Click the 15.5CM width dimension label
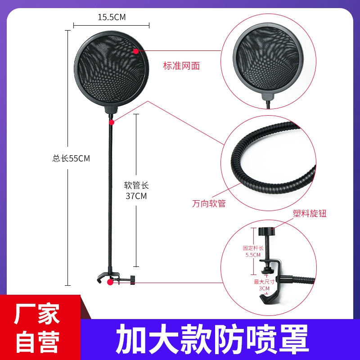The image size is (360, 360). point(112,17)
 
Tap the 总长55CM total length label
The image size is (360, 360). point(71,158)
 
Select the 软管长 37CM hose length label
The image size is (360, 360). point(136,190)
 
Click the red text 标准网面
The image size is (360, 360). point(181,66)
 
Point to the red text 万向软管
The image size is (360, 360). point(209,203)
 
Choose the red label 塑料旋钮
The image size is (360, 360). point(310,213)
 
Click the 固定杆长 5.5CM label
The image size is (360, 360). point(253,252)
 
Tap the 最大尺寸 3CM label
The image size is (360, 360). point(264,285)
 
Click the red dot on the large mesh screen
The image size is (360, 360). point(136,51)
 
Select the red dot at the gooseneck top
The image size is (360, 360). point(112,122)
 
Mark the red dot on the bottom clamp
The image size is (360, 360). point(110,282)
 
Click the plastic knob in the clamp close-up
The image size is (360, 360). point(266,231)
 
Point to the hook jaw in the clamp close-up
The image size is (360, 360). point(270,298)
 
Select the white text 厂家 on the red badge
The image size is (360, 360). point(37,314)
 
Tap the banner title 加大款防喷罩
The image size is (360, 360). point(212,339)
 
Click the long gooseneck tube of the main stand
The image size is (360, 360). point(110,195)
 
